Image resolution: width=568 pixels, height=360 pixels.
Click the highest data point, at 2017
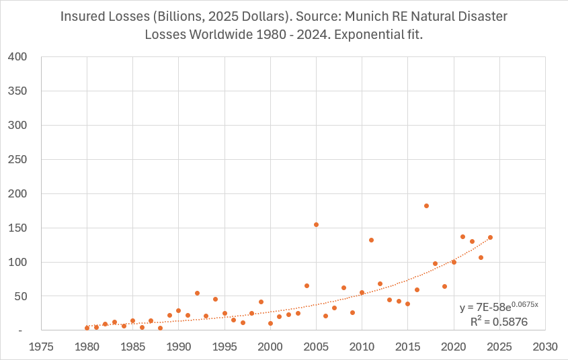426,206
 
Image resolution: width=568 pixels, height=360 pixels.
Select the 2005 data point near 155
316,224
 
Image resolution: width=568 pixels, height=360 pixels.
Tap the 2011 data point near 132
371,240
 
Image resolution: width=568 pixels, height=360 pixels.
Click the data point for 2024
490,237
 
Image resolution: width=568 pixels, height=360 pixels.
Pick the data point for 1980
87,328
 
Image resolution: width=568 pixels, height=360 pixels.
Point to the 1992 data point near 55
197,293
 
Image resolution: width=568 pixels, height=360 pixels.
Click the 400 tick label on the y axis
17,56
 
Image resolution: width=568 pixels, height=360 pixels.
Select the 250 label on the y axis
17,159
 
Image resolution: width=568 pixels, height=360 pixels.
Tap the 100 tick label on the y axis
17,262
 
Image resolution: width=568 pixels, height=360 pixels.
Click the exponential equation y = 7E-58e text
498,307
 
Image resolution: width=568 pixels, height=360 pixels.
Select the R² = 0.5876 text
499,322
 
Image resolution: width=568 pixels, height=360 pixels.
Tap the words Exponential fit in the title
379,35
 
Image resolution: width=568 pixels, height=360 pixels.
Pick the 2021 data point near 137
462,236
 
